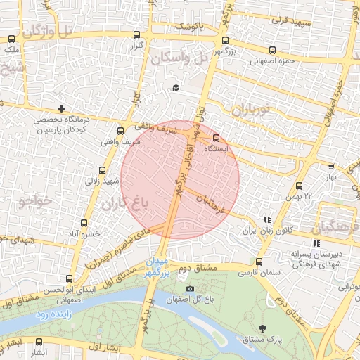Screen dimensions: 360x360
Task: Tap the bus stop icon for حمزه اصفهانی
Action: (x=273, y=50)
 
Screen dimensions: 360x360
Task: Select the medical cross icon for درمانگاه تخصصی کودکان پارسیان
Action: (x=63, y=108)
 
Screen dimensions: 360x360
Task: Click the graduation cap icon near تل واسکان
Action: (x=175, y=88)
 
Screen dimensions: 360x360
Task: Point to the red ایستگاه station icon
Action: (x=216, y=138)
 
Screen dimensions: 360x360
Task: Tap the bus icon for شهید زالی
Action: (x=103, y=170)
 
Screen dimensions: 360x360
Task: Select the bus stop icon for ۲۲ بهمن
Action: (x=300, y=186)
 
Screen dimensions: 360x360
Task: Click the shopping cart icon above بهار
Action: (x=331, y=167)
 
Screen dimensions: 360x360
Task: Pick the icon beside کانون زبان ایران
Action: (x=266, y=219)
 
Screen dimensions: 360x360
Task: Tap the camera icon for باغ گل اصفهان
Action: (x=189, y=289)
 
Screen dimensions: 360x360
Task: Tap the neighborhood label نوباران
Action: (x=253, y=110)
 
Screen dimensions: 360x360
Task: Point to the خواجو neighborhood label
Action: (x=34, y=202)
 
